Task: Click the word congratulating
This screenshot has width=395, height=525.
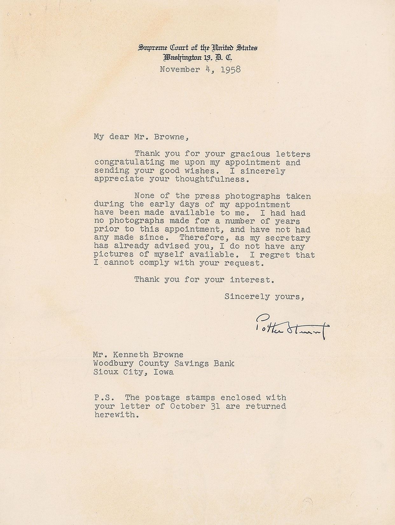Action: pyautogui.click(x=129, y=162)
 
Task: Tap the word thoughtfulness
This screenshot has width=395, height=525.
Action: pyautogui.click(x=210, y=179)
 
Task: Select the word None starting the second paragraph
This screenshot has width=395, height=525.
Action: pyautogui.click(x=144, y=196)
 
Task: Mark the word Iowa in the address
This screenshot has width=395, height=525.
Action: pyautogui.click(x=163, y=372)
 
